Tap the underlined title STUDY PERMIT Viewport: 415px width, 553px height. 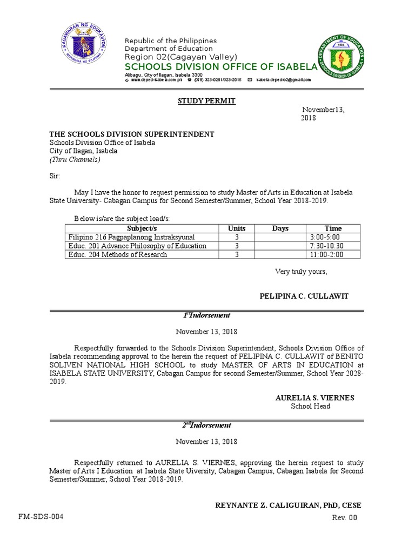coord(207,101)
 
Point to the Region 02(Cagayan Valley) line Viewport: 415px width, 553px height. coord(180,58)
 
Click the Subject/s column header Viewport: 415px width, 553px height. coord(140,228)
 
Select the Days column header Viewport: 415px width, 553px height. coord(280,228)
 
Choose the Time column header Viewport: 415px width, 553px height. coord(333,228)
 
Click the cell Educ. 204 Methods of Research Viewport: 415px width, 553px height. coord(118,254)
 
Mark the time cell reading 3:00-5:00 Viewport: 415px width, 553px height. coord(325,237)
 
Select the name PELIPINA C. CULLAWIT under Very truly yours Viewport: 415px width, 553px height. coord(304,296)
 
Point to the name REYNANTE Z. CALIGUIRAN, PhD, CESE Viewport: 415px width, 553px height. coord(288,505)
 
